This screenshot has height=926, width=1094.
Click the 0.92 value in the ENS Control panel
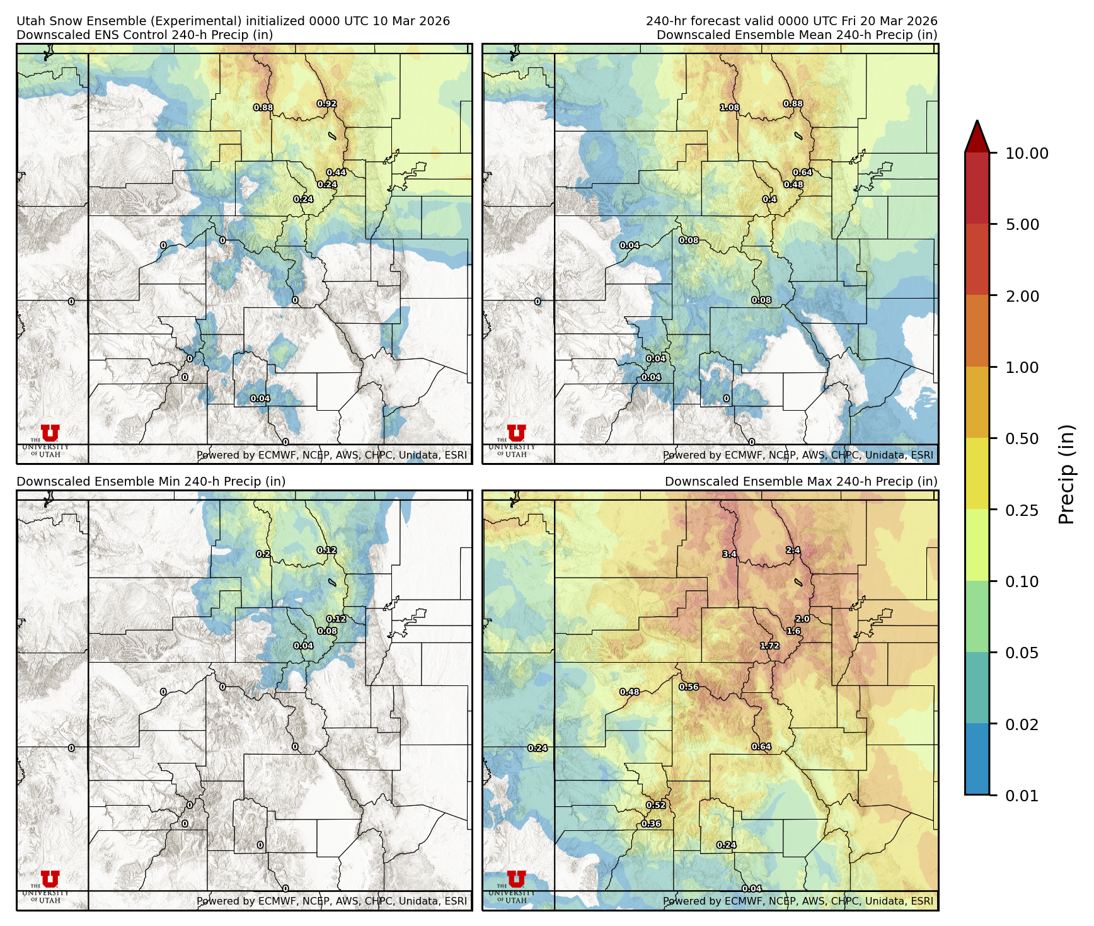pyautogui.click(x=326, y=103)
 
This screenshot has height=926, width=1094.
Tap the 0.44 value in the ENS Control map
pyautogui.click(x=336, y=172)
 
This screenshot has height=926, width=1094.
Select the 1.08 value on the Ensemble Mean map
pyautogui.click(x=729, y=108)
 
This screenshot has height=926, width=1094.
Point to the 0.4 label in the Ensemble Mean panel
pyautogui.click(x=769, y=199)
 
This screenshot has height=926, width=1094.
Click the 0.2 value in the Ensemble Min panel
pyautogui.click(x=263, y=554)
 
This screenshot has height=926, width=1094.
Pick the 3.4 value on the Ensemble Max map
pyautogui.click(x=729, y=554)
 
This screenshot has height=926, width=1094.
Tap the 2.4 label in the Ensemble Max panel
pyautogui.click(x=793, y=550)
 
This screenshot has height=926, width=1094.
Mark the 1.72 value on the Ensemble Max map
pyautogui.click(x=769, y=646)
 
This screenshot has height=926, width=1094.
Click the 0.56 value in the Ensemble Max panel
pyautogui.click(x=689, y=687)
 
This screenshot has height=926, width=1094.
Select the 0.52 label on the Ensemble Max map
pyautogui.click(x=656, y=805)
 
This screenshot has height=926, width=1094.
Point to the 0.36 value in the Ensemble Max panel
pyautogui.click(x=651, y=823)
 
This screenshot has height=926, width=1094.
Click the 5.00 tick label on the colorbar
pyautogui.click(x=1022, y=225)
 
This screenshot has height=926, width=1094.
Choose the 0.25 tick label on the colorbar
pyautogui.click(x=1022, y=510)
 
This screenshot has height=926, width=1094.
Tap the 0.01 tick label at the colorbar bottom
pyautogui.click(x=1022, y=796)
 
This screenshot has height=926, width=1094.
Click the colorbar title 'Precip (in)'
pyautogui.click(x=1066, y=474)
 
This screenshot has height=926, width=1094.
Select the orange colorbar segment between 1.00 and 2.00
pyautogui.click(x=977, y=331)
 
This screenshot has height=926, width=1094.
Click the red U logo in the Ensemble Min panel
pyautogui.click(x=50, y=879)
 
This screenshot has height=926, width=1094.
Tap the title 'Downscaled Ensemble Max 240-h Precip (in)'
pyautogui.click(x=801, y=481)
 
